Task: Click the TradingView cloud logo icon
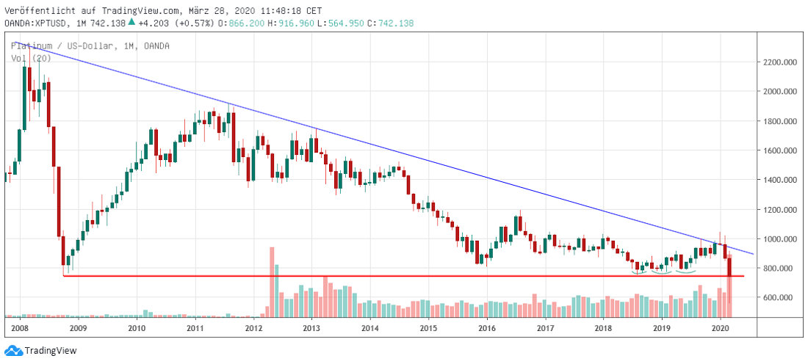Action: click(x=12, y=351)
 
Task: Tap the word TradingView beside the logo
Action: click(x=51, y=351)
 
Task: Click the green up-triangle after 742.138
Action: click(x=131, y=22)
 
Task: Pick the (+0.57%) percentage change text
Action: click(x=193, y=23)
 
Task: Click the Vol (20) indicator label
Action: click(x=25, y=59)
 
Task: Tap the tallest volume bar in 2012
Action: click(x=271, y=282)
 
